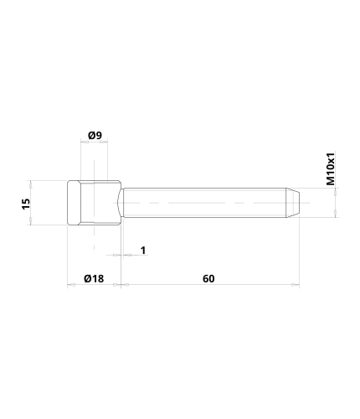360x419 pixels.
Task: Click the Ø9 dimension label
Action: (95, 136)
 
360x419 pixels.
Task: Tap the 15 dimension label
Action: (26, 204)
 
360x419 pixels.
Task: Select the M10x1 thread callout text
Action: (331, 169)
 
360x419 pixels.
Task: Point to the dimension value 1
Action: (143, 251)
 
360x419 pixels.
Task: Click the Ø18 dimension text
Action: (94, 278)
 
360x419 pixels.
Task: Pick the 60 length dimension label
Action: (208, 278)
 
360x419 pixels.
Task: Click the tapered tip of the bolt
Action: (292, 203)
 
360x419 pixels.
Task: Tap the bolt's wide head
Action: (95, 203)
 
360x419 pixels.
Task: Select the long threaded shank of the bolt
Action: (204, 203)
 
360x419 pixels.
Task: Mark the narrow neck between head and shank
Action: (121, 203)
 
